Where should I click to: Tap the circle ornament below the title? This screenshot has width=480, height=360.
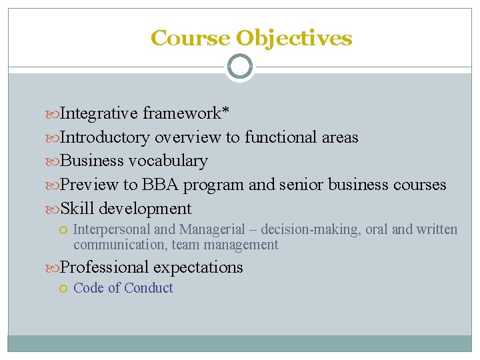click(239, 67)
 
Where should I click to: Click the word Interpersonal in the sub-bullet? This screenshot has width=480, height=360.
click(112, 230)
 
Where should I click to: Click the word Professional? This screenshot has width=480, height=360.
click(105, 267)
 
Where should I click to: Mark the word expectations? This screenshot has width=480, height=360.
click(198, 268)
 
